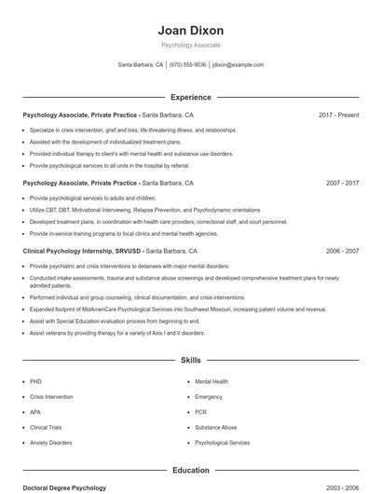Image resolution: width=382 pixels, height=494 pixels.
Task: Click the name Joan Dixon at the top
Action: coord(191,30)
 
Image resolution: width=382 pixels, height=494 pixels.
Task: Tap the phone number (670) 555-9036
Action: coord(187,65)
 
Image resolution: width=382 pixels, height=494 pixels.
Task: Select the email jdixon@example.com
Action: coord(238,65)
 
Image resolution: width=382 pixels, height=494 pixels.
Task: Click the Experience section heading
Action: coord(191,97)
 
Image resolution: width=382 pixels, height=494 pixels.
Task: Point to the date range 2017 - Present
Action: coord(338,115)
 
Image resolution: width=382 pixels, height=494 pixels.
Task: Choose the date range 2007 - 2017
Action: coord(342,184)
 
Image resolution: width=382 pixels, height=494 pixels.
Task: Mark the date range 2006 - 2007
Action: coord(342,251)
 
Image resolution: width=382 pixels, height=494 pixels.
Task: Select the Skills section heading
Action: coord(191,359)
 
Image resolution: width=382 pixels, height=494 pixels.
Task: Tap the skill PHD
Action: coord(35,381)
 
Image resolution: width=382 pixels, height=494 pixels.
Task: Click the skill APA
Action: coord(35,412)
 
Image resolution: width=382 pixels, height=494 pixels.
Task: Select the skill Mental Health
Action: coord(211,381)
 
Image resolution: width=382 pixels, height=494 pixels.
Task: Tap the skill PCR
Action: coord(200,412)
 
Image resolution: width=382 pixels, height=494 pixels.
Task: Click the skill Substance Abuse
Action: coord(215,427)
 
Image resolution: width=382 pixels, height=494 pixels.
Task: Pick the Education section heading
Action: coord(191,471)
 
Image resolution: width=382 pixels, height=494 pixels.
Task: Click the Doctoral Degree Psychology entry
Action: coord(64,487)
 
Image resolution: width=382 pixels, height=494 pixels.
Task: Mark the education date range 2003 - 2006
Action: coord(342,487)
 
